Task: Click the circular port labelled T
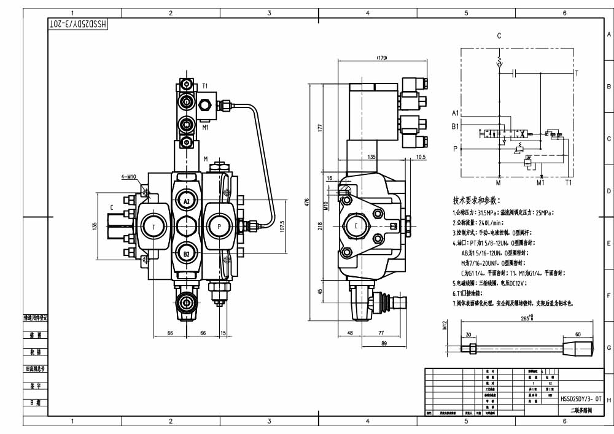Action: point(153,227)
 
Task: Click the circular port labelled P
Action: point(219,227)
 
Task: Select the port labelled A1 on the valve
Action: point(186,201)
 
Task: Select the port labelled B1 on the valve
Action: point(186,252)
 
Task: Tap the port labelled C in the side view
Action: point(356,227)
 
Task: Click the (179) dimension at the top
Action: point(381,58)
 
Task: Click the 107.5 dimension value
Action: point(283,227)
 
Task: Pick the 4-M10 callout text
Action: point(130,177)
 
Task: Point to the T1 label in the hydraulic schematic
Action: point(569,182)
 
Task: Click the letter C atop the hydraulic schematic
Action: point(499,36)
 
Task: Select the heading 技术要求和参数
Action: point(476,200)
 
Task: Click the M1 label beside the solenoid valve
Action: point(205,128)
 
